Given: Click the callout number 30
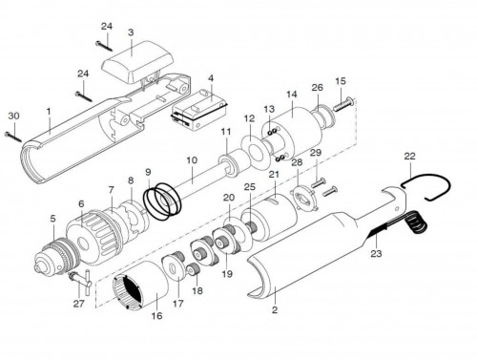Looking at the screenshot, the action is tap(13, 116).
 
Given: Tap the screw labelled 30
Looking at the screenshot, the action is tap(13, 137).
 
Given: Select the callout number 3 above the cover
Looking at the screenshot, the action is tap(131, 32).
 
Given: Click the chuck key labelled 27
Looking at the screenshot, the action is tap(79, 281).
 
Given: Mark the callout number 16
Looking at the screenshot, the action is tap(156, 316).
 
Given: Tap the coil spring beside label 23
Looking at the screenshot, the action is tap(416, 223).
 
